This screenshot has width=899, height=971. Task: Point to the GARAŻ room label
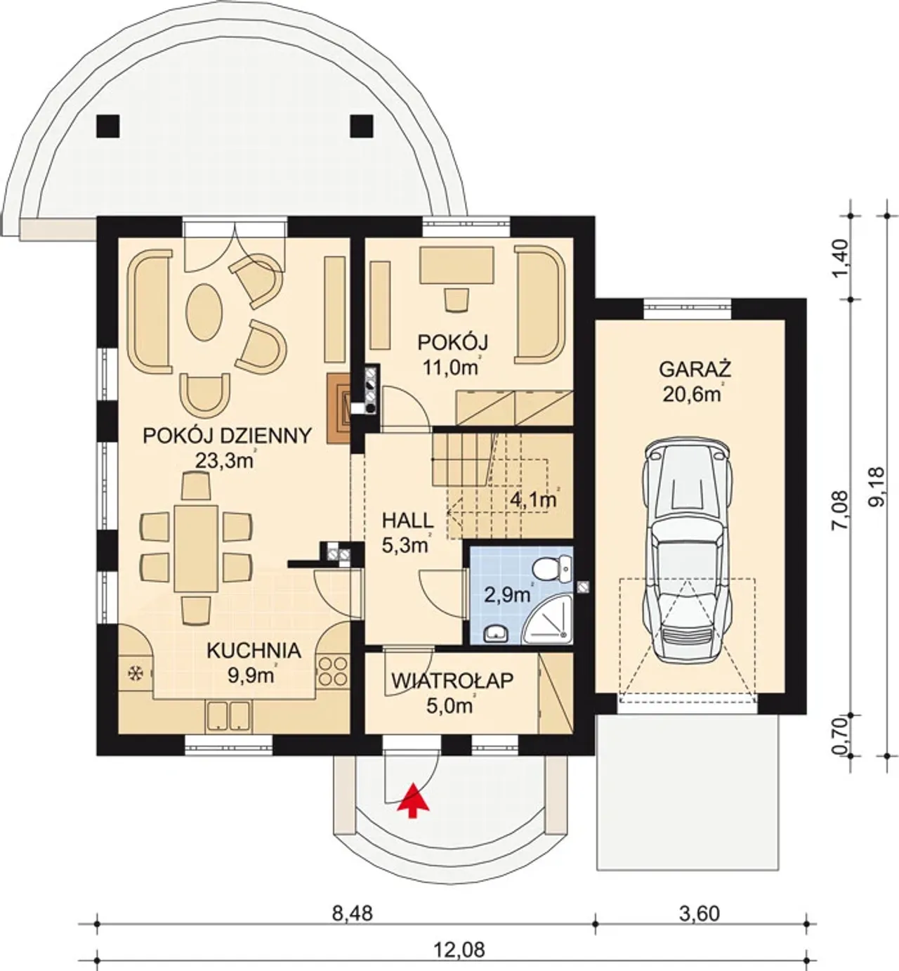tap(695, 370)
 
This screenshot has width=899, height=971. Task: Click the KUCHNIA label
tap(254, 651)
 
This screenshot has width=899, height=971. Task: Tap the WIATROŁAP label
tap(452, 681)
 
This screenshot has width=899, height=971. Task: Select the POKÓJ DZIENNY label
tap(227, 436)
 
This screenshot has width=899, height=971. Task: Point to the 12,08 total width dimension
tap(459, 951)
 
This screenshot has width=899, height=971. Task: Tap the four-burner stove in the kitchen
tap(332, 672)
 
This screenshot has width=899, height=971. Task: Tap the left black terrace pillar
tap(108, 126)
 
